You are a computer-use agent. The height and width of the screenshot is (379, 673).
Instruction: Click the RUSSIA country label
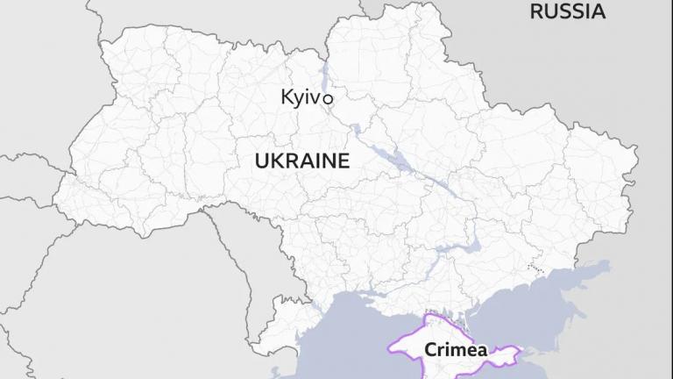coord(568,11)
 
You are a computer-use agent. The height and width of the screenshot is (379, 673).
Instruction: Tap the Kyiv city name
coord(301,97)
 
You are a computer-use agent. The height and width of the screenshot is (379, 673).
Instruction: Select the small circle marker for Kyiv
coord(328,99)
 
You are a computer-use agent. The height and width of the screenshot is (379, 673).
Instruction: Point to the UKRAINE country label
coord(301,161)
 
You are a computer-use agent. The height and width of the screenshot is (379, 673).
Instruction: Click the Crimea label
coord(456,349)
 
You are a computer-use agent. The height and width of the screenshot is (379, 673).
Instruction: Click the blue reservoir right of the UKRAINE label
coord(386,158)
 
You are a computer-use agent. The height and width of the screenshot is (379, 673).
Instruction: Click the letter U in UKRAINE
coord(259,161)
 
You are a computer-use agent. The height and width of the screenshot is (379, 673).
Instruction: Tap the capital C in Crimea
coord(430,349)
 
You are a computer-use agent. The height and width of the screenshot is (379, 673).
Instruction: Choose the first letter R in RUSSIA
coord(535,11)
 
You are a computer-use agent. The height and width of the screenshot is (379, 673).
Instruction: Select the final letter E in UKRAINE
coord(344,161)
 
